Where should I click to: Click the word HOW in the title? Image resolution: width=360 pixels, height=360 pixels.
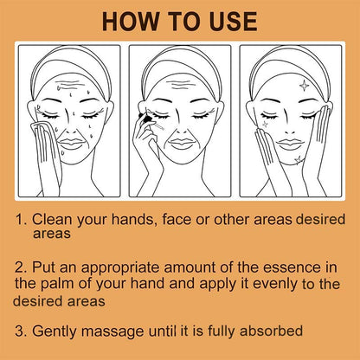[130, 22]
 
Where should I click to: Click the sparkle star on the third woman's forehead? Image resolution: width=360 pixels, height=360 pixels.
[304, 85]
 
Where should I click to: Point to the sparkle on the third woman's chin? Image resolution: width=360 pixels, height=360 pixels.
[298, 159]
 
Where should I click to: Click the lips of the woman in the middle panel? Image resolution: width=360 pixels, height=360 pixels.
[182, 144]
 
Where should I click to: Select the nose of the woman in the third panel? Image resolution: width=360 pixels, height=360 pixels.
[289, 127]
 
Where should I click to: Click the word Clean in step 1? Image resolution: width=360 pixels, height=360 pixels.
[52, 219]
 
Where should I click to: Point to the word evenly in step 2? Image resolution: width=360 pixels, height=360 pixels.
[275, 284]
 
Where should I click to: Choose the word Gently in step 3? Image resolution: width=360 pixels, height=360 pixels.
[55, 331]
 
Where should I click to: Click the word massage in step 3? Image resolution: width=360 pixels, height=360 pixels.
[112, 331]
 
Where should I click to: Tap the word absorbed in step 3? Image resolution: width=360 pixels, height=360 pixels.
[271, 331]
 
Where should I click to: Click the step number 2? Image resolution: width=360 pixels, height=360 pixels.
[21, 267]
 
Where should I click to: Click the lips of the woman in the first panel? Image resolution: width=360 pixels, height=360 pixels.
[71, 144]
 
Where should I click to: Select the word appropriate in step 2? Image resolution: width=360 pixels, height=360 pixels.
[120, 268]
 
